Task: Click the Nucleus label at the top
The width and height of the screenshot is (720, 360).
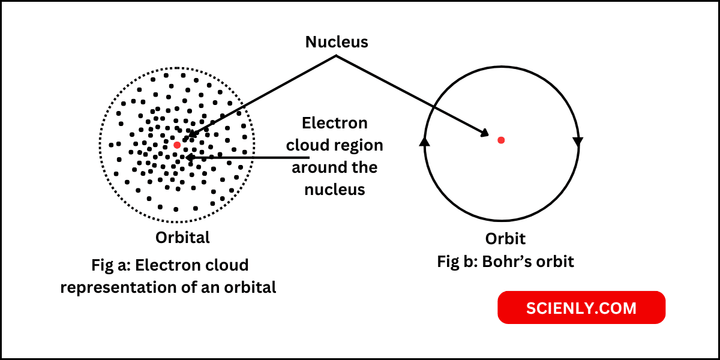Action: (336, 42)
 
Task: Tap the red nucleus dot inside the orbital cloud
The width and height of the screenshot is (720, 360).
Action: (177, 145)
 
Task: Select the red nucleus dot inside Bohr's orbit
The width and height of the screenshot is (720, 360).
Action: (501, 140)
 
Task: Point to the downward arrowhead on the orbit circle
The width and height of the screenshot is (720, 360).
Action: (578, 142)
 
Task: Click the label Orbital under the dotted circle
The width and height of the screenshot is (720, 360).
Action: (183, 238)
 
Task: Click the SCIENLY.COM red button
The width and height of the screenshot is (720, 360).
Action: (581, 308)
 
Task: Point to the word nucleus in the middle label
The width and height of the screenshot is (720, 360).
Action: (334, 190)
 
